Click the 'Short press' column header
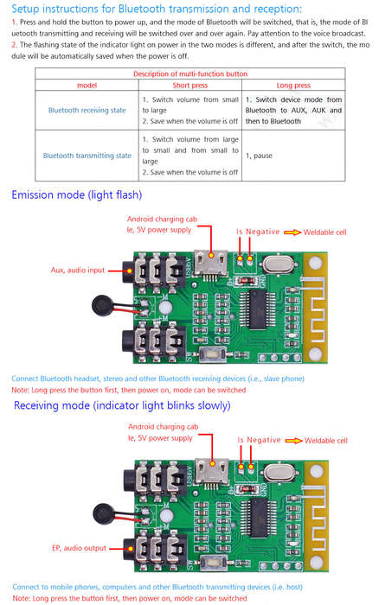click(190, 86)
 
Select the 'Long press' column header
click(293, 86)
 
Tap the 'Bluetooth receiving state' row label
click(87, 111)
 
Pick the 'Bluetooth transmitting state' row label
click(87, 156)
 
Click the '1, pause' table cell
click(259, 156)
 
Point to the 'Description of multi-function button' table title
click(190, 73)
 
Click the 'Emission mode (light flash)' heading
click(77, 194)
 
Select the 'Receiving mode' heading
click(122, 405)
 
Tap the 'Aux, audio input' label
click(78, 270)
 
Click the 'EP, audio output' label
click(79, 548)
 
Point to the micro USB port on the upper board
click(210, 263)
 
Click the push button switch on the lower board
click(213, 562)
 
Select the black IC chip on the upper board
click(257, 309)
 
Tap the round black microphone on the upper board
click(102, 305)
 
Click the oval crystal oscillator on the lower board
click(280, 472)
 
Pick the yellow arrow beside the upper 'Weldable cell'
click(292, 232)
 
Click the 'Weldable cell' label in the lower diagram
click(326, 441)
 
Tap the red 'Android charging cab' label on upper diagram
click(162, 220)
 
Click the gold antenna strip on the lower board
click(317, 515)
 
